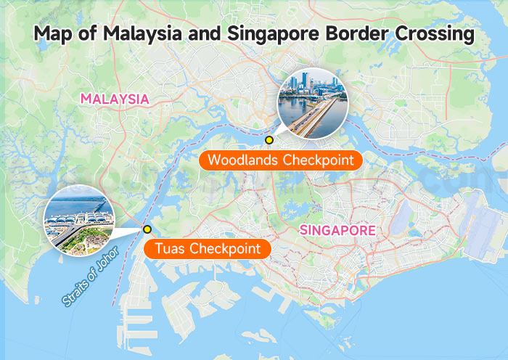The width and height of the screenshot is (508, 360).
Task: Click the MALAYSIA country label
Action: pos(115,99)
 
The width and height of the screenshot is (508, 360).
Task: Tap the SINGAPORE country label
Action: pos(337,231)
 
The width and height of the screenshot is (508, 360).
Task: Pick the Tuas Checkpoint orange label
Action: pos(208,249)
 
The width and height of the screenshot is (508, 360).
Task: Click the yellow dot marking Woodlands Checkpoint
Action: pos(269,139)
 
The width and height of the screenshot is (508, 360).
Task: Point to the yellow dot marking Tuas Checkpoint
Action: pos(147,229)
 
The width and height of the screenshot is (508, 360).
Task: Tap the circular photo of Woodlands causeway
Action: pos(313,103)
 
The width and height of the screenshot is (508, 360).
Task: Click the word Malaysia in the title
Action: pos(138,34)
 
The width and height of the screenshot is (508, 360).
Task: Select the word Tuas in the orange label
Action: pos(171,249)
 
